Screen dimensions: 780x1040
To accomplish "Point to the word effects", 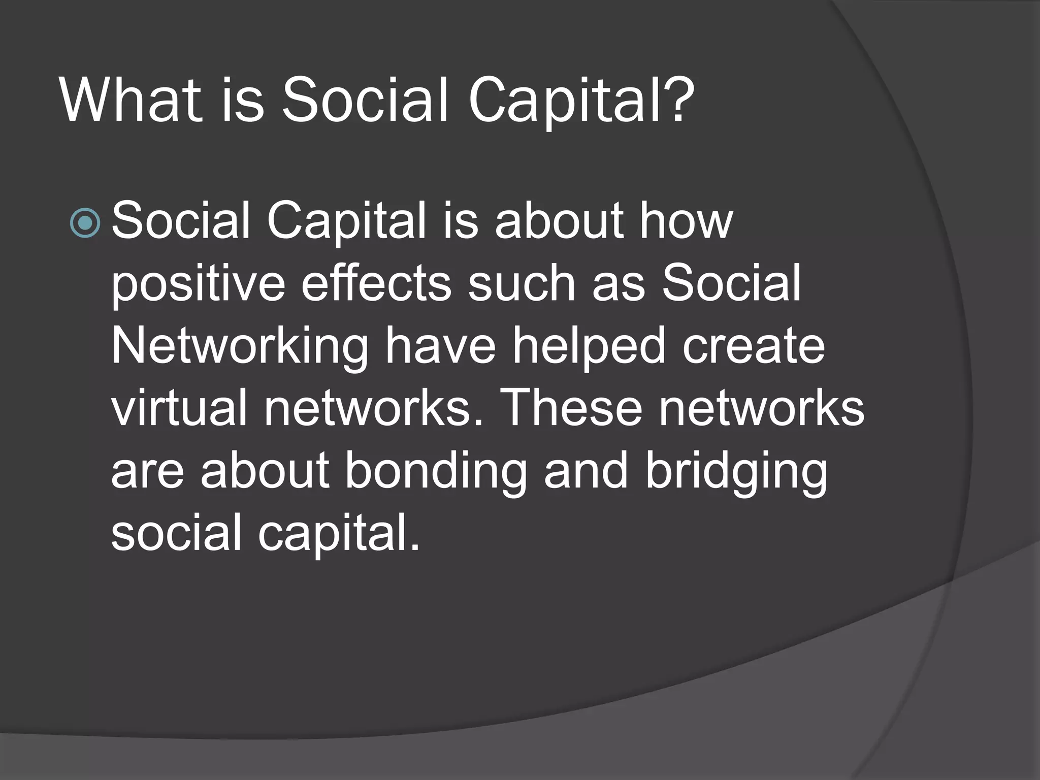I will pos(376,283).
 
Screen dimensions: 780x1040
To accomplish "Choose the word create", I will pos(754,346).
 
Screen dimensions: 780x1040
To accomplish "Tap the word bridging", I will pos(736,472).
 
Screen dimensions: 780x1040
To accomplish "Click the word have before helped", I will pos(440,346).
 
